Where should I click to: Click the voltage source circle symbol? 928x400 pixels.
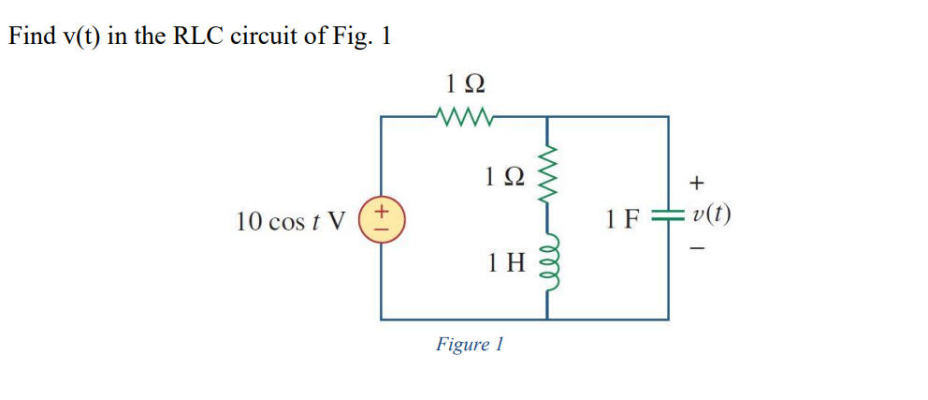point(382,221)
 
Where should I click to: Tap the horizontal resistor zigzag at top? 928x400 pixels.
point(463,117)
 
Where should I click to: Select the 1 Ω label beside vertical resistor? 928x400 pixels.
point(506,176)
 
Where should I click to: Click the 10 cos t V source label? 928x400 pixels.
point(290,222)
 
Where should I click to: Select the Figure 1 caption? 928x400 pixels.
point(470,344)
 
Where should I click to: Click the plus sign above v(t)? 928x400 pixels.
point(695,181)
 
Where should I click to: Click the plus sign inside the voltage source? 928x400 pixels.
point(382,214)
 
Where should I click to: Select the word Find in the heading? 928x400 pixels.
point(29,37)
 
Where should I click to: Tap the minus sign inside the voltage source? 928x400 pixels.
point(382,230)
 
